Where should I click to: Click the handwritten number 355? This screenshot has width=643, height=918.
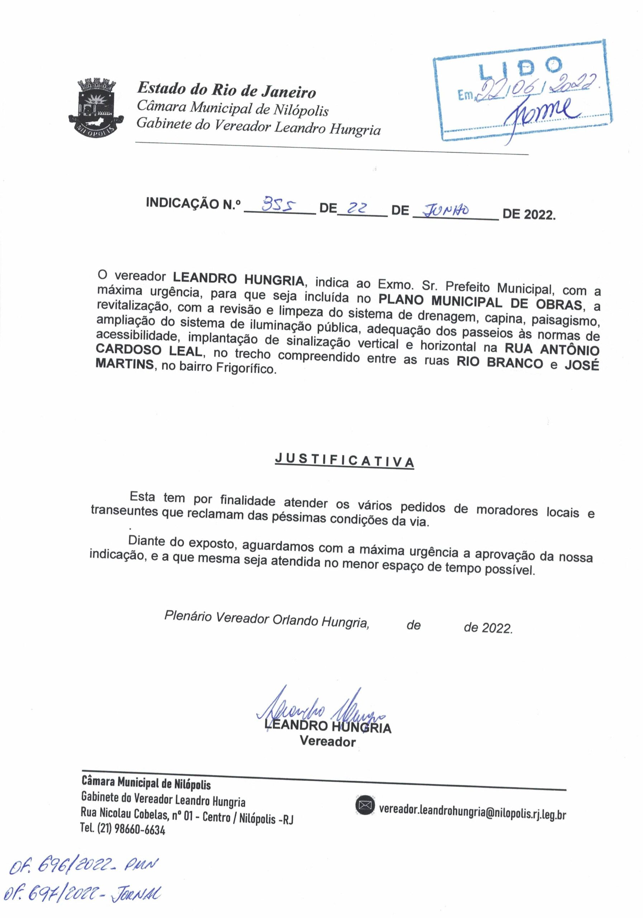pos(279,206)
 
